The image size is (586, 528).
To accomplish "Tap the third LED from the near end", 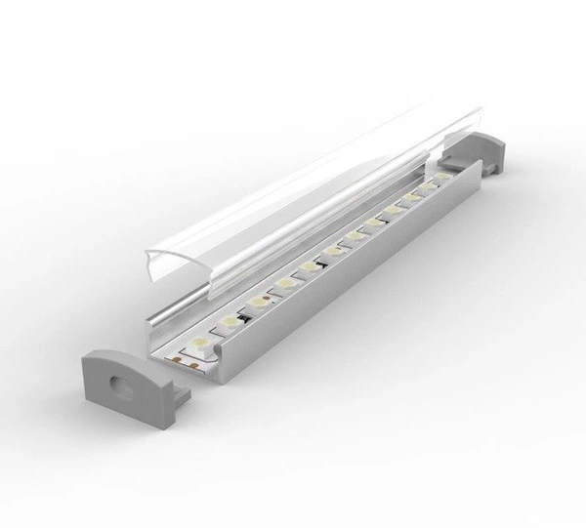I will pyautogui.click(x=258, y=301).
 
